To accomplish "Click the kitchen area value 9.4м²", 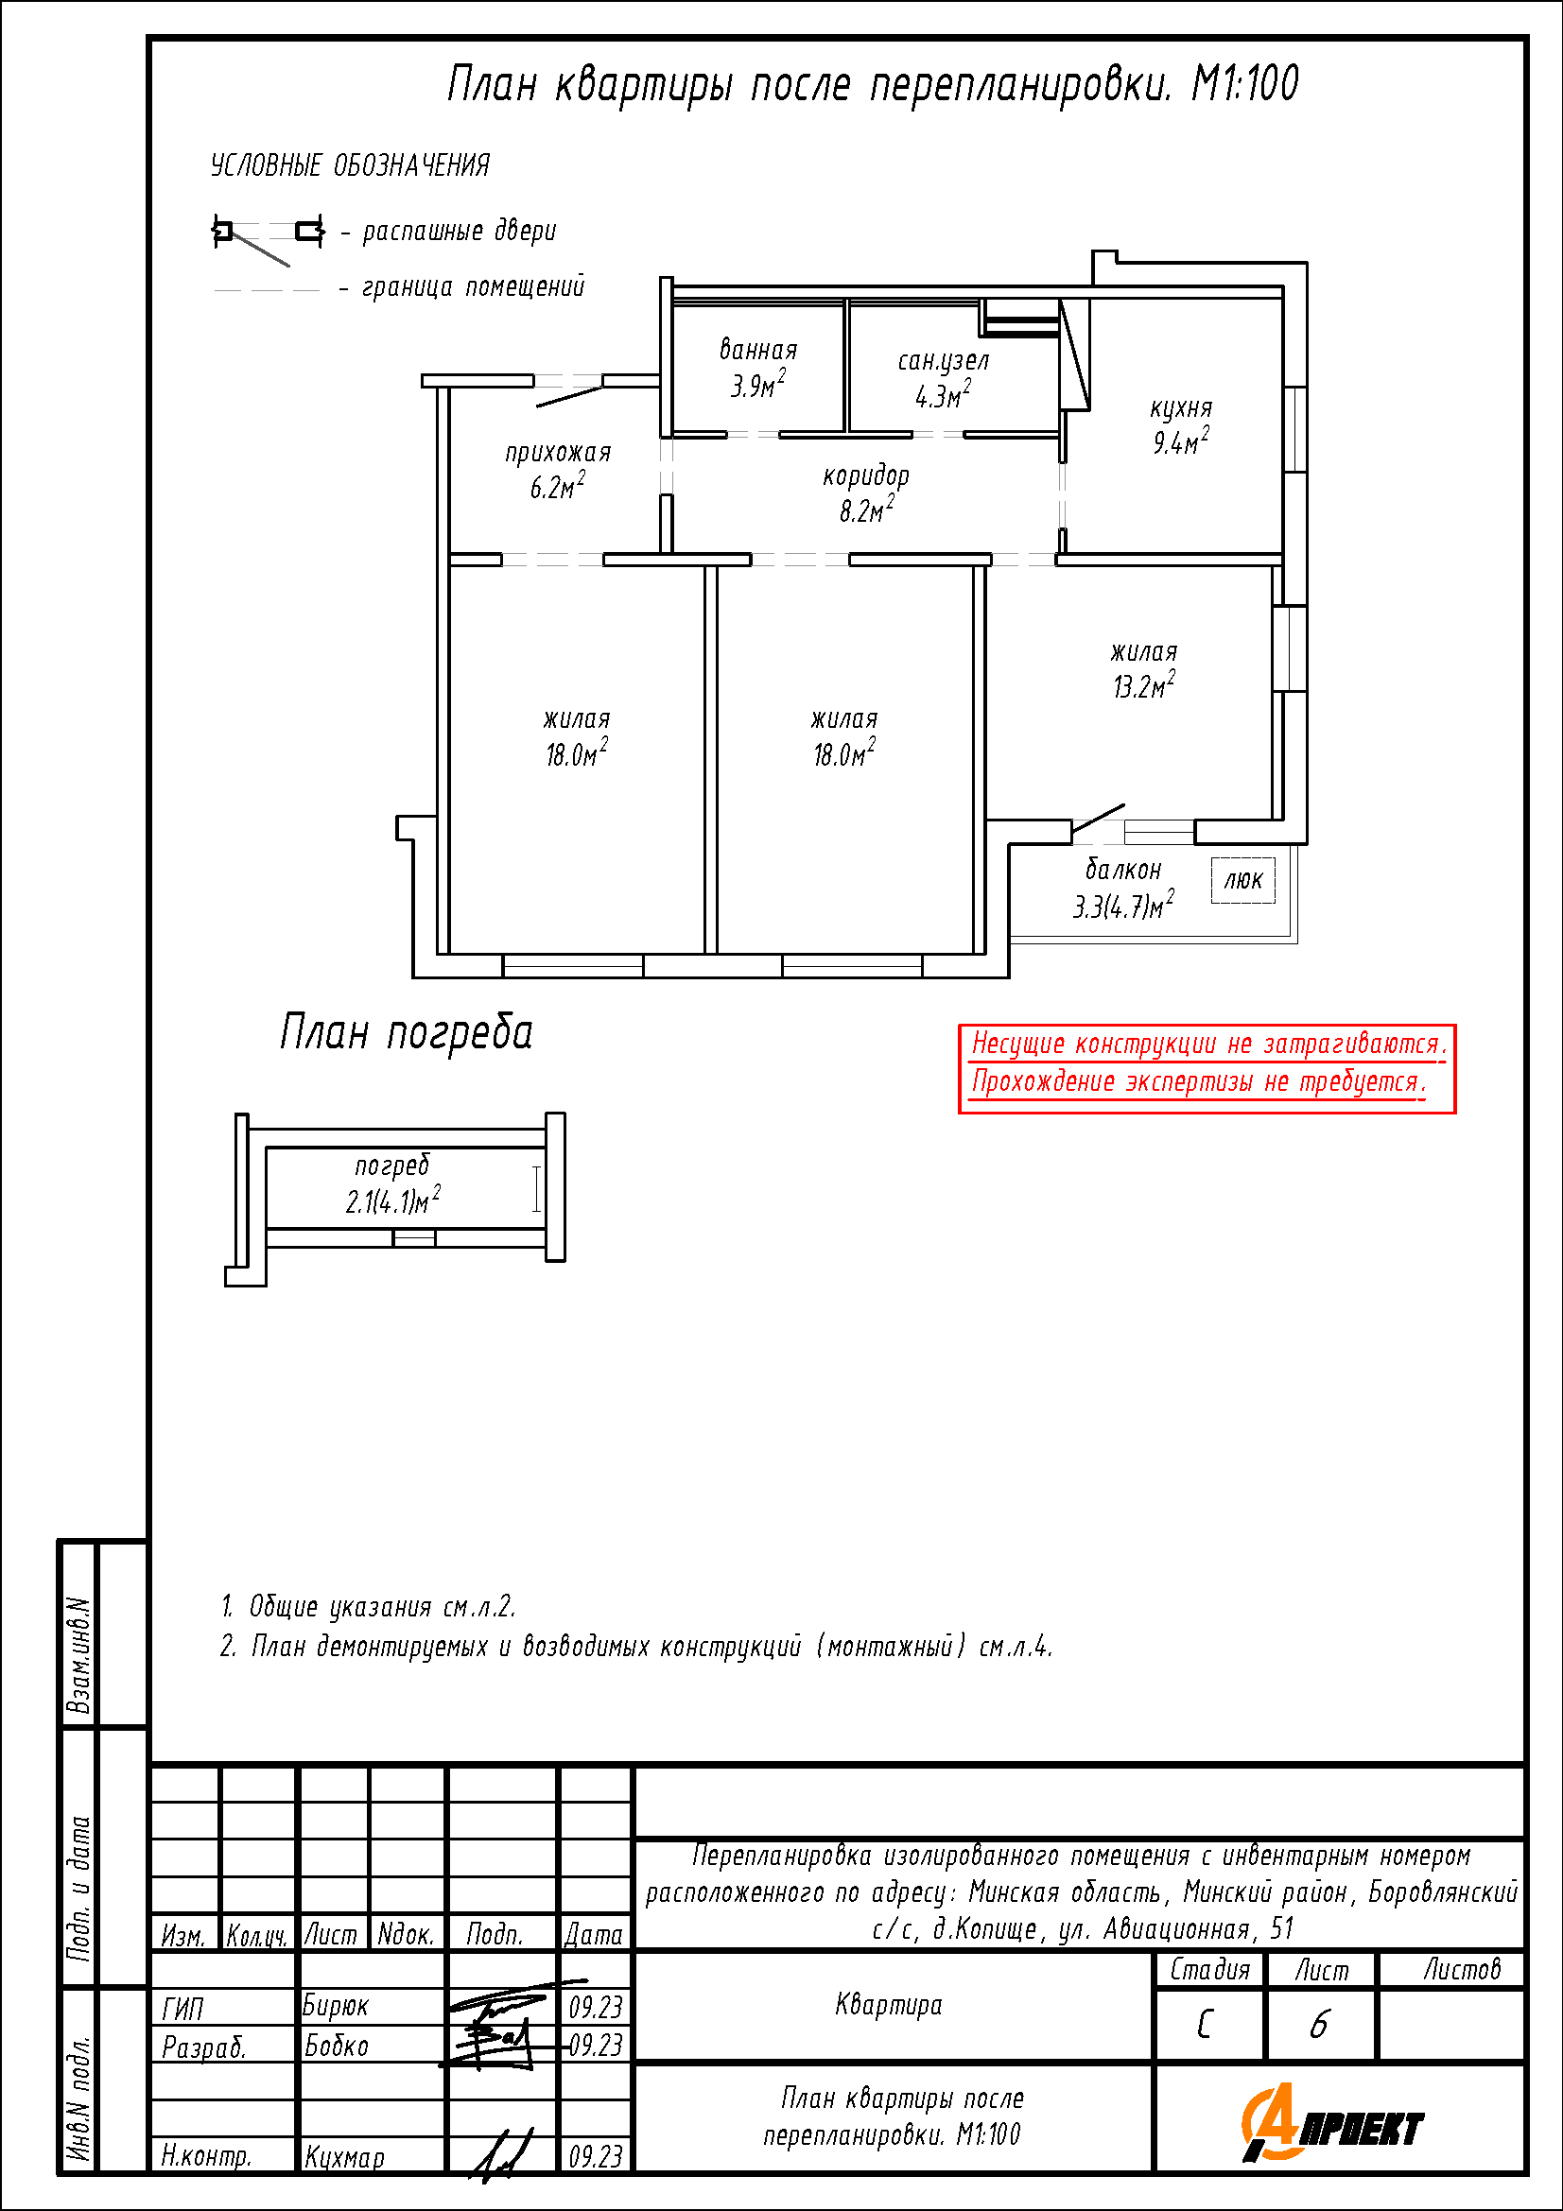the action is click(x=1181, y=441).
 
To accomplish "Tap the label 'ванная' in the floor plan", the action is click(x=759, y=350).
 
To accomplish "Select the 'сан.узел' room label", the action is click(x=943, y=361).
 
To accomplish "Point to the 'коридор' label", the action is click(x=866, y=475).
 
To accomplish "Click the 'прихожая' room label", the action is click(x=558, y=453).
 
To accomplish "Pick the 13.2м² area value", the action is click(x=1144, y=684).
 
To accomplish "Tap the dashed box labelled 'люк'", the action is click(x=1243, y=879).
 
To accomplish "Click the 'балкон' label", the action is click(x=1123, y=870).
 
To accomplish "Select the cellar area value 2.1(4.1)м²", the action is click(x=393, y=1200).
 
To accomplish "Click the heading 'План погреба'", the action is click(x=406, y=1032).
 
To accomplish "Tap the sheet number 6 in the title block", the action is click(x=1318, y=2025).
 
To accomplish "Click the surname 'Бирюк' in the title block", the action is click(x=335, y=2005).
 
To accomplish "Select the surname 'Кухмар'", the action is click(x=345, y=2157).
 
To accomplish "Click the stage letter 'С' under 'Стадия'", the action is click(x=1205, y=2025).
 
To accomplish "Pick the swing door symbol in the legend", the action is click(x=268, y=238).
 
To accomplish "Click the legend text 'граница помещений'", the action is click(x=473, y=287).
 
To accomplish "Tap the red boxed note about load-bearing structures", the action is click(x=1207, y=1069).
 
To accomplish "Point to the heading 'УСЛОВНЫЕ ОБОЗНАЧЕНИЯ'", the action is click(x=351, y=165).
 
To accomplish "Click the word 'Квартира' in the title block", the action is click(x=888, y=2004).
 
